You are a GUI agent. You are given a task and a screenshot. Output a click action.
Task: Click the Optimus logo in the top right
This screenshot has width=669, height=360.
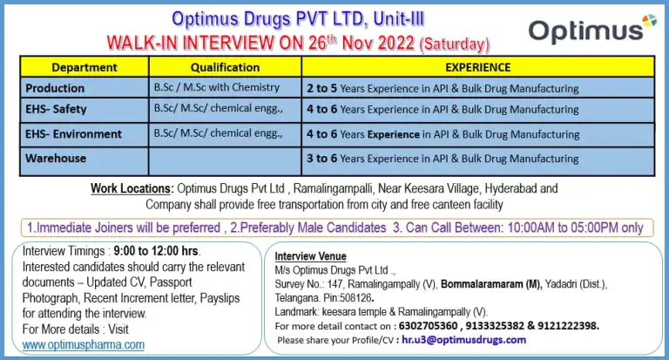coord(592,29)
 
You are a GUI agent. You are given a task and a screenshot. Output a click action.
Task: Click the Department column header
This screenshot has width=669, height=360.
coord(84,67)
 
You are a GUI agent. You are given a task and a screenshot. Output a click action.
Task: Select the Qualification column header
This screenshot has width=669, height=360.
coord(225,67)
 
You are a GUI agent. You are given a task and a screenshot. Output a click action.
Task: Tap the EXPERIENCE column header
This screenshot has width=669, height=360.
coord(478,67)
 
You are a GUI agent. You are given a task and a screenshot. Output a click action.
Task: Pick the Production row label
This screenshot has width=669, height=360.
coord(55,88)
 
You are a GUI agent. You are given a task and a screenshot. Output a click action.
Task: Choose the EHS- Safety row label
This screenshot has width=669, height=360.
coord(56,109)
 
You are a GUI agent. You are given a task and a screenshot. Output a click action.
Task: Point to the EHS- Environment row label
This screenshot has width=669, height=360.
coord(73,134)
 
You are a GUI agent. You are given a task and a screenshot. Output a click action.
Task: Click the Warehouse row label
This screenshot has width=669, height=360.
coord(56,159)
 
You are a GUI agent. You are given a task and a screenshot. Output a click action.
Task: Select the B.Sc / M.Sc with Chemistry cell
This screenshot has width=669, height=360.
coord(217,87)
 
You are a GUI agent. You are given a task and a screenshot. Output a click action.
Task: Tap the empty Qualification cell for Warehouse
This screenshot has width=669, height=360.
coord(225,161)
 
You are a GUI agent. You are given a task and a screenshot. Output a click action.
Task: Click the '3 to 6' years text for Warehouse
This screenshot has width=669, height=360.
coord(322,159)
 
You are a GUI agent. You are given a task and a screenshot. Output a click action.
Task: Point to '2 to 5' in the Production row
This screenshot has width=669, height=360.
coord(322,88)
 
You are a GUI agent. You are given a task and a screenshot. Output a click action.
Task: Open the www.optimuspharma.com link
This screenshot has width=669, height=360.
coord(84,344)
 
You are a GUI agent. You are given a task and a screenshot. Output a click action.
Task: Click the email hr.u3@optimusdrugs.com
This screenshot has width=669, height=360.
coord(463,340)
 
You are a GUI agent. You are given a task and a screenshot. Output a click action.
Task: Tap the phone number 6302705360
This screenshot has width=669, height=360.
coord(428,326)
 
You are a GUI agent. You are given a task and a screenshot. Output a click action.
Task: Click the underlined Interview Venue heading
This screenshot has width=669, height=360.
coord(311,256)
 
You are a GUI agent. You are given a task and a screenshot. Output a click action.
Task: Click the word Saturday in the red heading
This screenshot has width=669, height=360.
coord(455,44)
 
